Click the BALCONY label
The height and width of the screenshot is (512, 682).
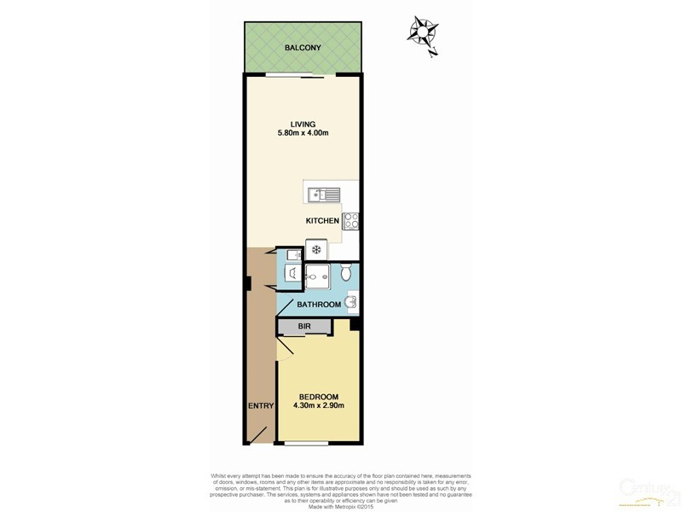coord(303,48)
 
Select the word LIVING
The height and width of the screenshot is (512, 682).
coord(303,124)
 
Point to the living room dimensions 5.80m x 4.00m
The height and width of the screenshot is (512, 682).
coord(303,133)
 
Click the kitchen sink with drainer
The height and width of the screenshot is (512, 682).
coord(325,194)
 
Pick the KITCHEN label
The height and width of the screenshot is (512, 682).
coord(323,221)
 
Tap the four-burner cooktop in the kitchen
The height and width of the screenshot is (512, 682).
coord(350,220)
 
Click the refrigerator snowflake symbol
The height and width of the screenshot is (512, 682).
coord(316,250)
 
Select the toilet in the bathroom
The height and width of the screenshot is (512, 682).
coord(345,273)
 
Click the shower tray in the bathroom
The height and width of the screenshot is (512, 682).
coord(316,276)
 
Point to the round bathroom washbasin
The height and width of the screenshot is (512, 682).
coord(351,300)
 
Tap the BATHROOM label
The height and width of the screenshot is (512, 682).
coord(319,305)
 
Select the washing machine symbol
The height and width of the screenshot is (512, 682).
coord(292,274)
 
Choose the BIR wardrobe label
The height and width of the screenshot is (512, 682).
coord(304,327)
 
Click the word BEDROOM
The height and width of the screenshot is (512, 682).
coord(319,397)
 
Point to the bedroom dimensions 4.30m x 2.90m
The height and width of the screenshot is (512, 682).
coord(319,406)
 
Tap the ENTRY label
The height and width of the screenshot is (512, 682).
coord(260,406)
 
